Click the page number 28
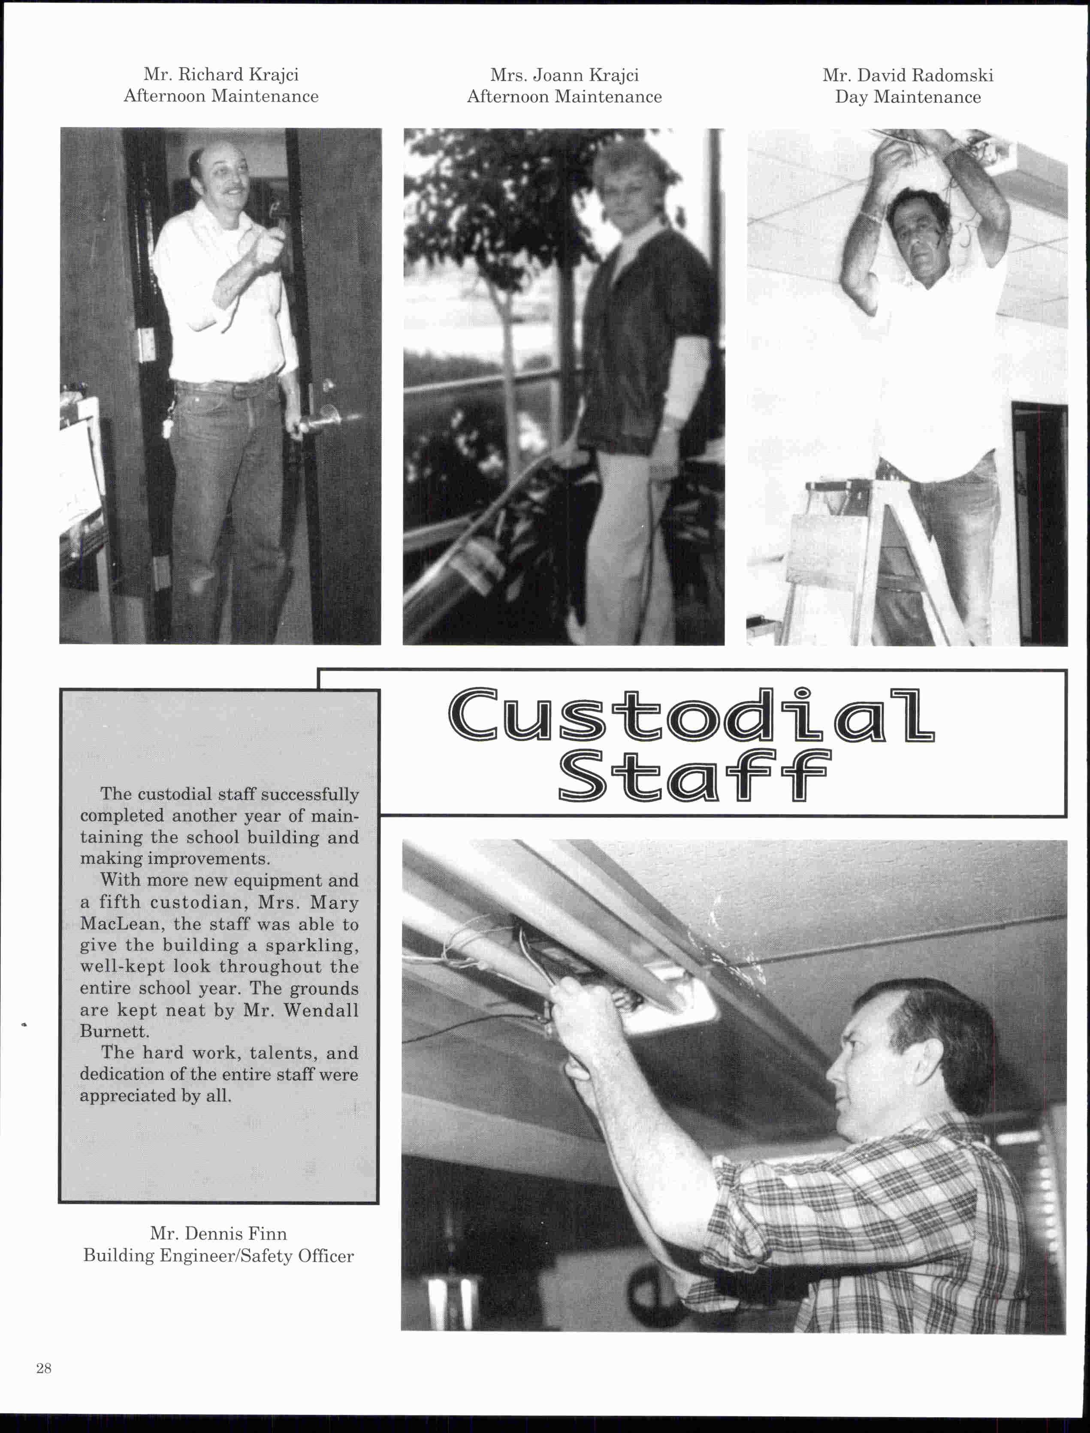point(43,1368)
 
